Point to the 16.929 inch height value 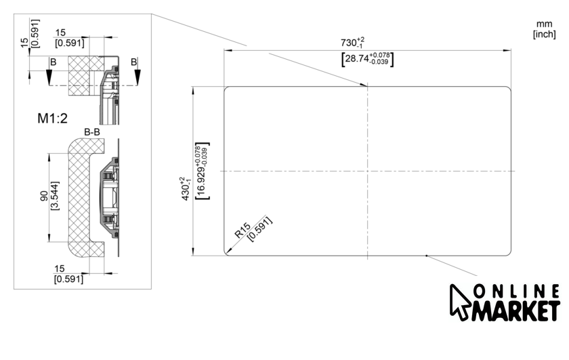pos(202,171)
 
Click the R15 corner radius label pos(243,231)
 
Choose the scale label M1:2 pos(53,119)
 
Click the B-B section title pos(92,132)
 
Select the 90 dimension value pos(44,196)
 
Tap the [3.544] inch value pos(55,196)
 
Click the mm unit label pos(545,24)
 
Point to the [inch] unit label pos(545,34)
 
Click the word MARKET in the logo pos(515,311)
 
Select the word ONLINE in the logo pos(516,292)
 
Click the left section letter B pos(54,62)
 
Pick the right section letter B pos(134,62)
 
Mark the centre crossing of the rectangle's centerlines pos(367,171)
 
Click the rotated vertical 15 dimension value pos(24,43)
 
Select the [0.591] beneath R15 pos(260,229)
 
